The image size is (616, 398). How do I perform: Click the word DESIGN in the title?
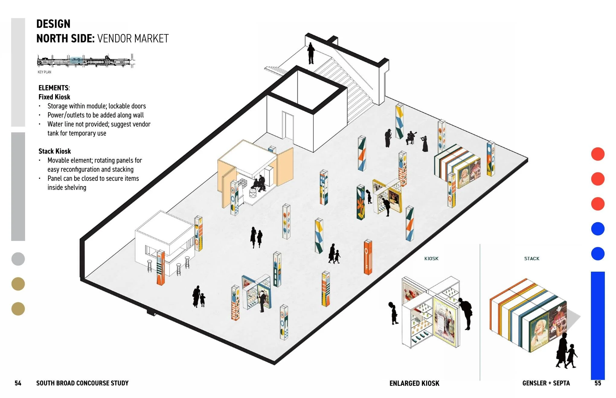[53, 24]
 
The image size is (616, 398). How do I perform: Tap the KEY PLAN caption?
[44, 72]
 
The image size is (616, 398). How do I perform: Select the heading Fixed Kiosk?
[54, 97]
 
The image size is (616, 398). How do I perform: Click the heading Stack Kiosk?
[55, 151]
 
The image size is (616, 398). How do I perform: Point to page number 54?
[18, 383]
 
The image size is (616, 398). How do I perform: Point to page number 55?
[598, 383]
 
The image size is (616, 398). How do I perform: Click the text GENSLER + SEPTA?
[546, 383]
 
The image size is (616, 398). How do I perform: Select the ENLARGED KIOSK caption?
[414, 383]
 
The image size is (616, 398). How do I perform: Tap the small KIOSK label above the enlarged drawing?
[431, 258]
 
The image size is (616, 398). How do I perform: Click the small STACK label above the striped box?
[532, 258]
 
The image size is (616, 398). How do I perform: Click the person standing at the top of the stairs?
[311, 53]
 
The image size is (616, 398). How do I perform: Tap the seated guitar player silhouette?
[411, 138]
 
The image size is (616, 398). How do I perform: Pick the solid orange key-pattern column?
[368, 257]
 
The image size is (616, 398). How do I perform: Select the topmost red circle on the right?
[598, 154]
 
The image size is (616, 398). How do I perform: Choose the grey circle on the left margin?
[18, 259]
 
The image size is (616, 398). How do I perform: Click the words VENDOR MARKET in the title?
[133, 39]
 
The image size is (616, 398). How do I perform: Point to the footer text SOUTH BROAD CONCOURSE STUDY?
[82, 383]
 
